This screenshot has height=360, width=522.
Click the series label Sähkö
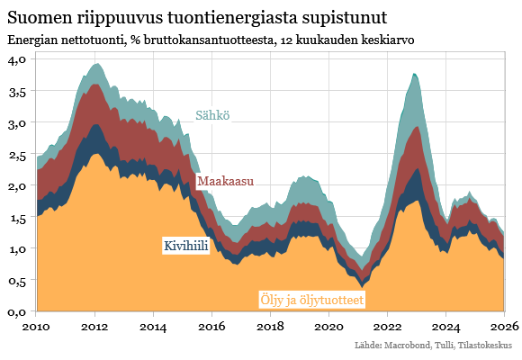(212, 115)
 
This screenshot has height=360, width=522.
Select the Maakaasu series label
(225, 181)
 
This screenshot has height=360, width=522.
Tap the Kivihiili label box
(185, 246)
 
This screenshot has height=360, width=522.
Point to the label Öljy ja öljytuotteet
(311, 299)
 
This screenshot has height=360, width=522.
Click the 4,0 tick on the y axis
(19, 58)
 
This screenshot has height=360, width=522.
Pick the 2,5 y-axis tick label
(19, 154)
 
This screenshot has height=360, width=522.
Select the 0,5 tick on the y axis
(19, 280)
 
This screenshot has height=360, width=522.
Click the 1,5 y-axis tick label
(19, 217)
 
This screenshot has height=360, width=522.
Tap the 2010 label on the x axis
(36, 326)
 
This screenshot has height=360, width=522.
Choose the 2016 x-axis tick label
(211, 326)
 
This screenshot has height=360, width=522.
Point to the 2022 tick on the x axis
(388, 326)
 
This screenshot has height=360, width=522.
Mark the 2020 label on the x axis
(329, 326)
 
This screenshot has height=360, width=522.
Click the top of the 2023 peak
(413, 74)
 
